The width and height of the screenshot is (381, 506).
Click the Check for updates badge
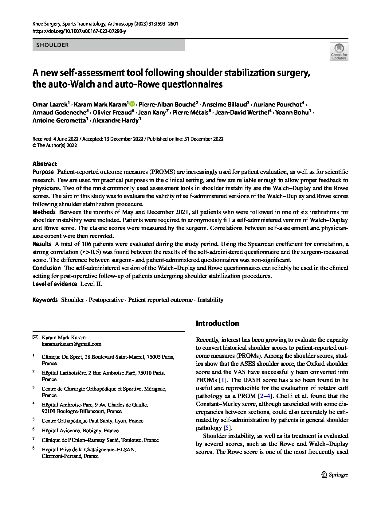[x=339, y=51]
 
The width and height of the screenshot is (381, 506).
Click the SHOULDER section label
[x=53, y=45]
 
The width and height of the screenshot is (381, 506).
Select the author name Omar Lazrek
[x=50, y=105]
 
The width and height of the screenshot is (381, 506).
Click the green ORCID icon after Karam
[x=132, y=104]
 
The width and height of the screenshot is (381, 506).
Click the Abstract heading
[x=45, y=164]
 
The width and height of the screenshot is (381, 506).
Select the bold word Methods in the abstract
[x=44, y=212]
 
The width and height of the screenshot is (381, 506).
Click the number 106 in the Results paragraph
[x=86, y=244]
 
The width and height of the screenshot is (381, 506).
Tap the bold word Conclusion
[x=47, y=268]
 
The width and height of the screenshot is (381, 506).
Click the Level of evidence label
[x=55, y=284]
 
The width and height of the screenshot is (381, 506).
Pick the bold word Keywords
[x=45, y=300]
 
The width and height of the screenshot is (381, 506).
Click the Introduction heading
[x=217, y=323]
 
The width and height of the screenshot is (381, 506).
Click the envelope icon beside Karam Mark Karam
[x=35, y=337]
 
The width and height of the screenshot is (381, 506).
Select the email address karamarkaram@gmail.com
[x=72, y=344]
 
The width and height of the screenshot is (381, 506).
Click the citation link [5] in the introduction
[x=227, y=428]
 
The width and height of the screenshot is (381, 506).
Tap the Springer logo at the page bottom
[x=335, y=475]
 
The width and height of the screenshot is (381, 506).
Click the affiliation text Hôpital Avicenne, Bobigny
[x=80, y=430]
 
